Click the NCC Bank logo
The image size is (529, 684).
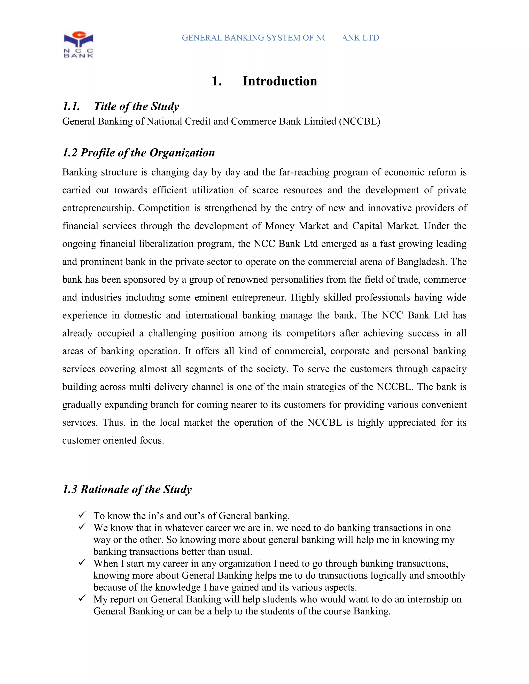tap(78, 44)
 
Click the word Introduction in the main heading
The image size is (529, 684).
tap(279, 81)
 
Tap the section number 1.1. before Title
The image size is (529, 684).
tap(71, 107)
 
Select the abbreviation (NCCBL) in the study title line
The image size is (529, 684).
tap(360, 122)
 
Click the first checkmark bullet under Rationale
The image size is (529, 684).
tap(82, 515)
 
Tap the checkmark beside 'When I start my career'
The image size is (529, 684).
tap(82, 562)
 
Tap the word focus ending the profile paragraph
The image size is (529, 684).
tap(152, 440)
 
